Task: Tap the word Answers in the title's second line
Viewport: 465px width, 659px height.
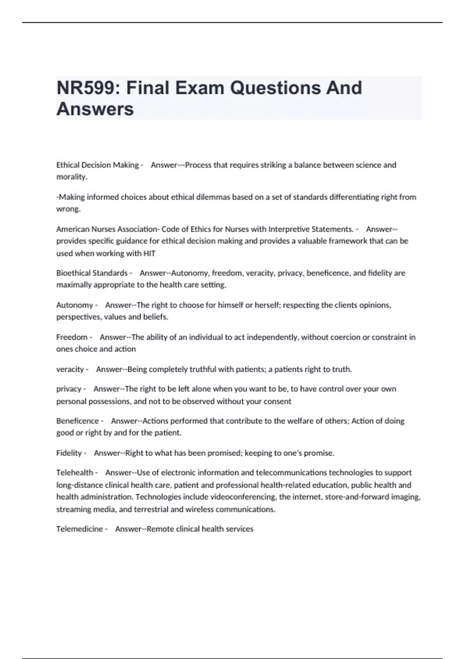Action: (x=95, y=109)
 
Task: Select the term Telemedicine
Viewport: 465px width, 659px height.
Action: (x=79, y=529)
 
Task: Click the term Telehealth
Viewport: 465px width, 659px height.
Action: (x=75, y=473)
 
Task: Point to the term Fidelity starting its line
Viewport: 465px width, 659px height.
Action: (x=69, y=453)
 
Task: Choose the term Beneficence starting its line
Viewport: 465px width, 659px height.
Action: (x=77, y=421)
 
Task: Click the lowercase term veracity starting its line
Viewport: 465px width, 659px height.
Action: (x=70, y=369)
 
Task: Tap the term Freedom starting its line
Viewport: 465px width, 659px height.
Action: (x=72, y=337)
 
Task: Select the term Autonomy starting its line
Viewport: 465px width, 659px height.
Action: (x=75, y=305)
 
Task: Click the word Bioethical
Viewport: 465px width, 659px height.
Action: (x=74, y=273)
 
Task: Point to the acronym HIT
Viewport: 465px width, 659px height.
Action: (x=149, y=254)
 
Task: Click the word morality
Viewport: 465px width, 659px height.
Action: (x=71, y=177)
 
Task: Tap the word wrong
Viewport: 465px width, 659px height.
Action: (x=67, y=209)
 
